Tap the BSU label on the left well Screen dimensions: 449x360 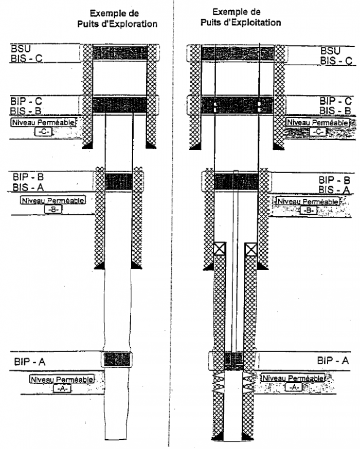[21, 49]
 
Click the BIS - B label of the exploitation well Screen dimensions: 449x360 [335, 110]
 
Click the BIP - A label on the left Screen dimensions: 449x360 [30, 362]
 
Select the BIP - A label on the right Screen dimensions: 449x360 [333, 361]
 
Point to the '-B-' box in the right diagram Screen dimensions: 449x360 [308, 211]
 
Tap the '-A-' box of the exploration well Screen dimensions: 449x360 [62, 389]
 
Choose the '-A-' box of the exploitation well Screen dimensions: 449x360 [293, 387]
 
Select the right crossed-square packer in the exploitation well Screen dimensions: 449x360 [251, 250]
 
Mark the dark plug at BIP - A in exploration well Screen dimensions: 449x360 [118, 359]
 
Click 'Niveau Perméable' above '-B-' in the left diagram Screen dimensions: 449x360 [52, 200]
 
